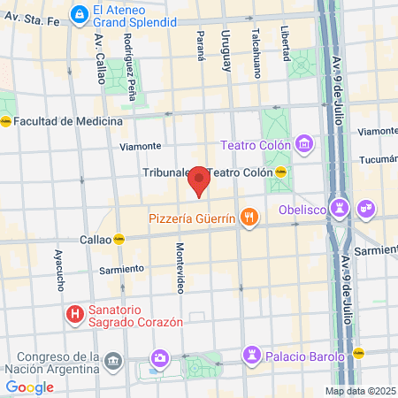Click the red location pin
coord(199,180)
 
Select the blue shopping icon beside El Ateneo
coord(80,13)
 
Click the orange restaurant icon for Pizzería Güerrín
coord(250,216)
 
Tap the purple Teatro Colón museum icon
coord(305,142)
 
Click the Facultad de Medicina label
coord(67,121)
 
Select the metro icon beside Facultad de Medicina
coord(5,121)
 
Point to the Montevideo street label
coord(180,267)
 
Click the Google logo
coord(29,387)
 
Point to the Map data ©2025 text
coord(360,391)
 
